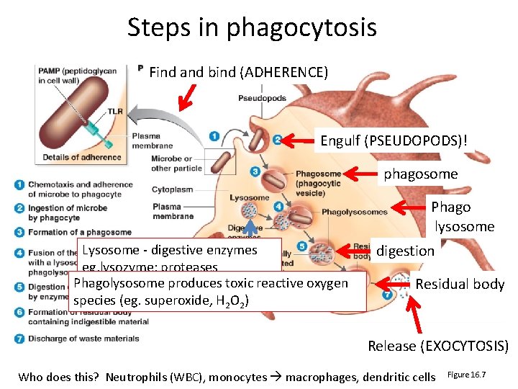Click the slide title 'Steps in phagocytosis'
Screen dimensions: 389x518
tap(252, 28)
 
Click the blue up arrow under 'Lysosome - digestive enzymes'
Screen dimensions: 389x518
tap(250, 263)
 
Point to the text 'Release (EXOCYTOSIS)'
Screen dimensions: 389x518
tap(438, 346)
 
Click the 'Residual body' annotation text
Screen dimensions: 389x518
tap(460, 284)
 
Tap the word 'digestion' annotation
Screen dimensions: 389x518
tap(406, 251)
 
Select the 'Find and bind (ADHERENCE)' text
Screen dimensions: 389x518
tap(238, 72)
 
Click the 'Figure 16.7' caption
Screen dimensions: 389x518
tap(467, 375)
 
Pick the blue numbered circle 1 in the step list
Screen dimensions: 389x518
tap(19, 184)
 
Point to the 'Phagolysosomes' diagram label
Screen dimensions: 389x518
tap(354, 212)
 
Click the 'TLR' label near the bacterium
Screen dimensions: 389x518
tap(115, 111)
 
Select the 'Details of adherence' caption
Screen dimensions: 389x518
tap(81, 157)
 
